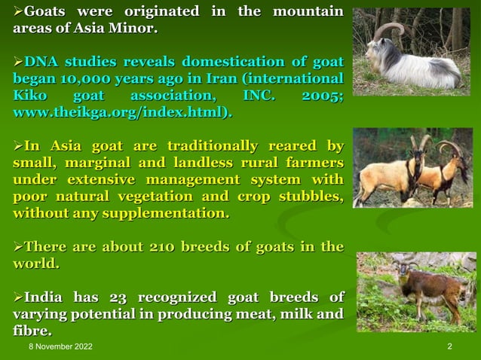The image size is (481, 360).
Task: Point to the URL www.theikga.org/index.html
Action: (x=116, y=113)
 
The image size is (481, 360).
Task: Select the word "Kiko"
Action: (x=27, y=96)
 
